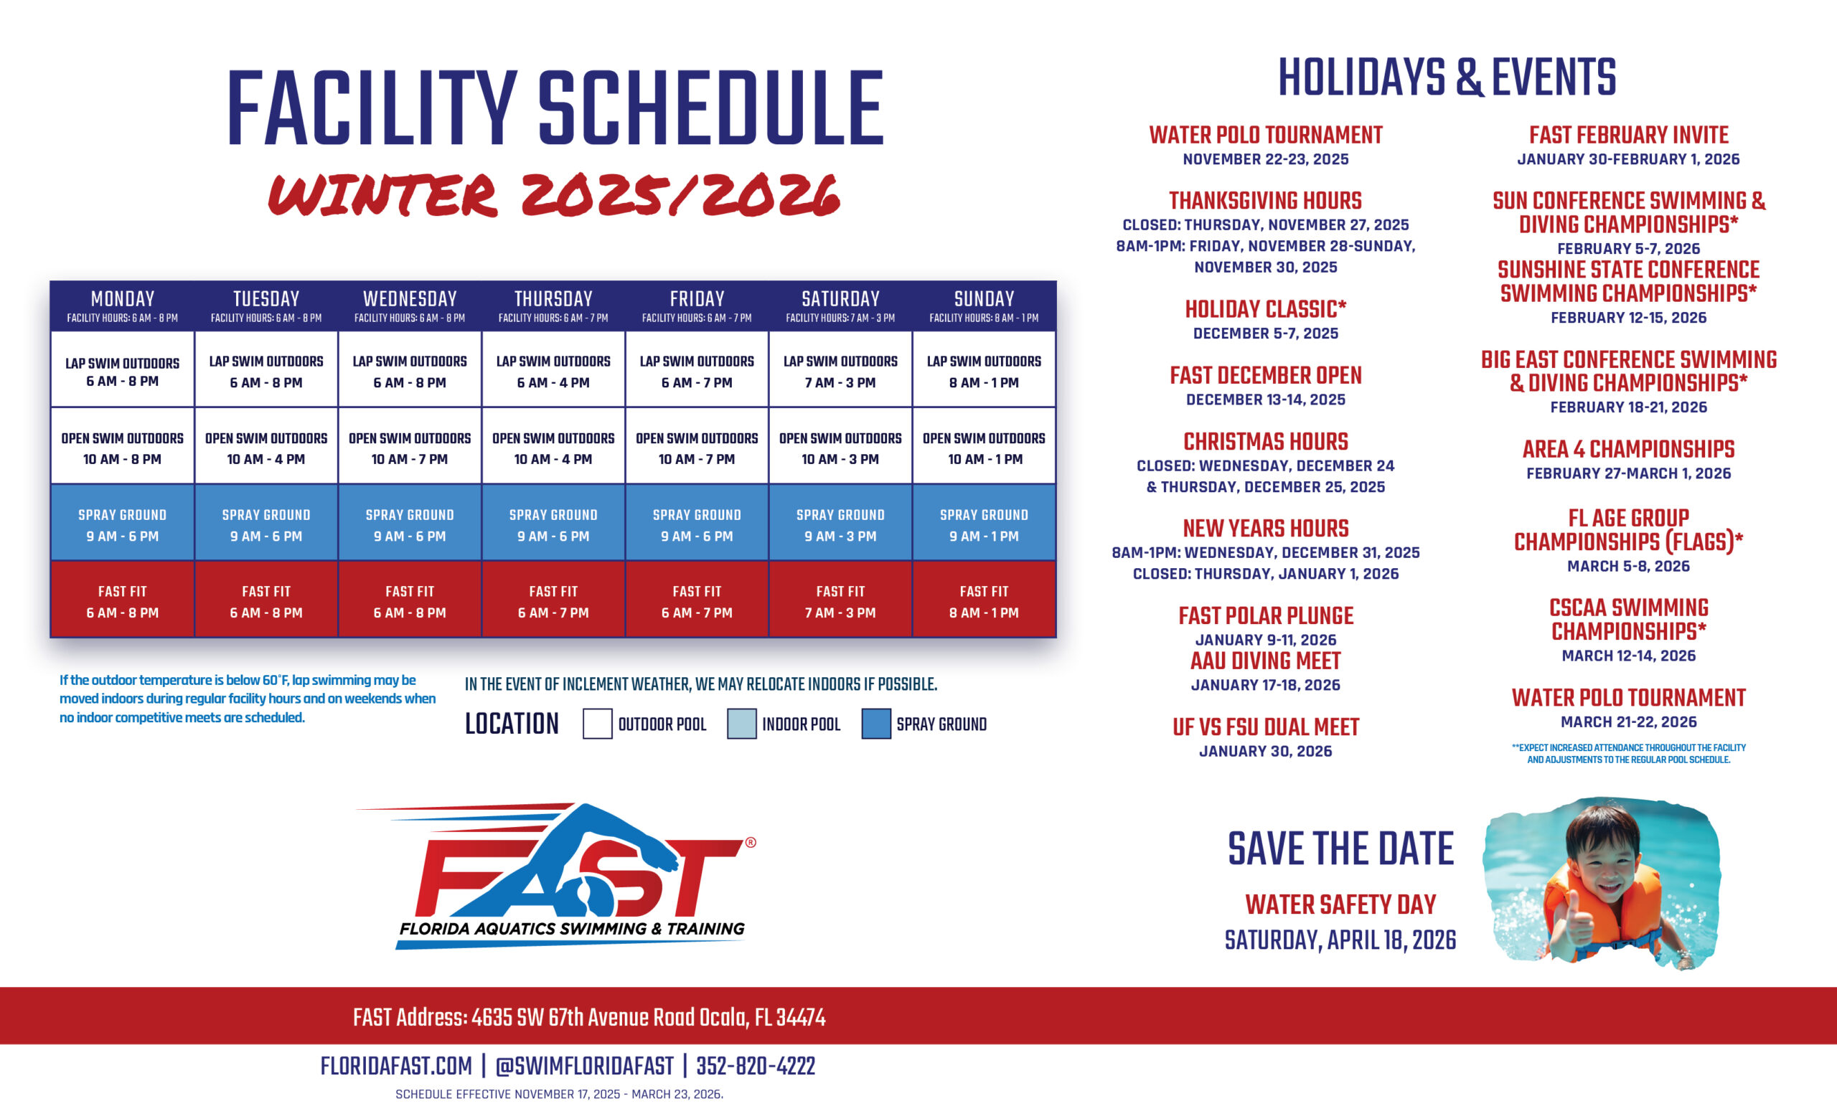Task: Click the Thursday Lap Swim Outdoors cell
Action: pos(553,370)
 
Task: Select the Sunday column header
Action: pos(983,306)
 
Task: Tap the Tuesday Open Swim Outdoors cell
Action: pos(266,447)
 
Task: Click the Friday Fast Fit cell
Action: pos(696,601)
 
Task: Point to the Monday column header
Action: pos(122,306)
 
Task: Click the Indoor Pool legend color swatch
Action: pos(741,724)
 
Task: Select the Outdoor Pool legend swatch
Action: pos(597,724)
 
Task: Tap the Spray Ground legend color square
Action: pos(876,724)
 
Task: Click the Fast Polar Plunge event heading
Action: pos(1265,615)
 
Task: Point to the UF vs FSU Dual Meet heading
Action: pos(1265,727)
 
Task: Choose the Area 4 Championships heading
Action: pos(1628,449)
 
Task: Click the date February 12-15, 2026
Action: pos(1628,318)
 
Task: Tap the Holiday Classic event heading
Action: pos(1265,308)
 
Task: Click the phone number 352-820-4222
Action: pos(755,1067)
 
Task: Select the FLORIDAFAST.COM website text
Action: pos(396,1067)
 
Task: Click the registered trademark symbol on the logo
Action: pos(751,842)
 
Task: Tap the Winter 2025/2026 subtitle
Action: pos(554,195)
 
